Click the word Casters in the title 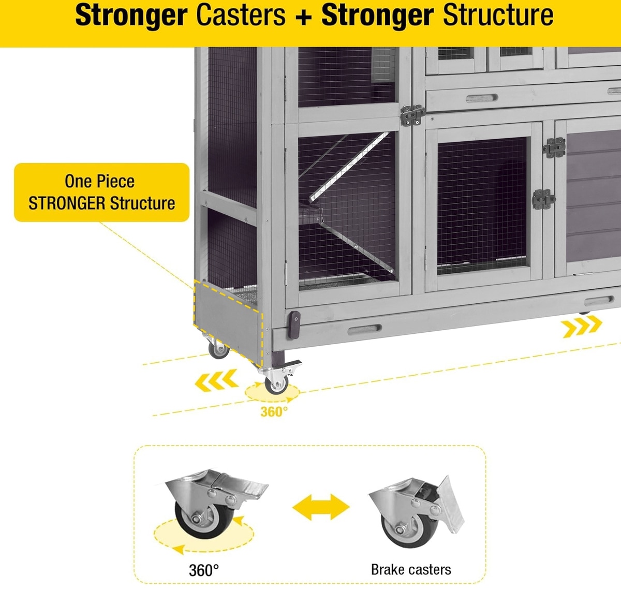[241, 16]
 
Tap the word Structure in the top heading [498, 16]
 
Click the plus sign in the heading [304, 17]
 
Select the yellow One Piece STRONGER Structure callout [101, 193]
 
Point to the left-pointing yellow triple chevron [216, 380]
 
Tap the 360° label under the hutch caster [274, 412]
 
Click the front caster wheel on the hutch [276, 383]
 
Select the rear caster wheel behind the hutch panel [218, 350]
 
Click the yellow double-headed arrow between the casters [321, 507]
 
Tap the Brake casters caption [411, 570]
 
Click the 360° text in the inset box [204, 570]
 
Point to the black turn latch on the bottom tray [294, 324]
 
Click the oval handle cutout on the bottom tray [364, 330]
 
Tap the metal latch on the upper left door [411, 115]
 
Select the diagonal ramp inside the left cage [349, 166]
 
